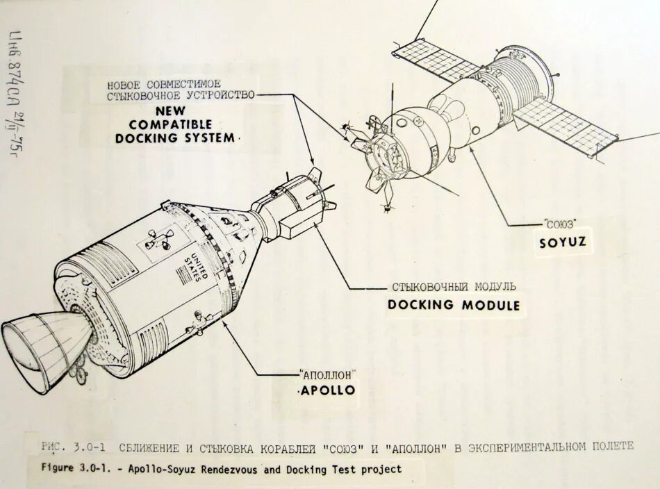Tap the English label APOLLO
[327, 390]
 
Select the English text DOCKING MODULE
[453, 304]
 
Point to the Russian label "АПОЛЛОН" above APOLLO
[324, 373]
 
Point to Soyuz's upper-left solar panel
[436, 58]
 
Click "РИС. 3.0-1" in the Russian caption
[73, 446]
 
